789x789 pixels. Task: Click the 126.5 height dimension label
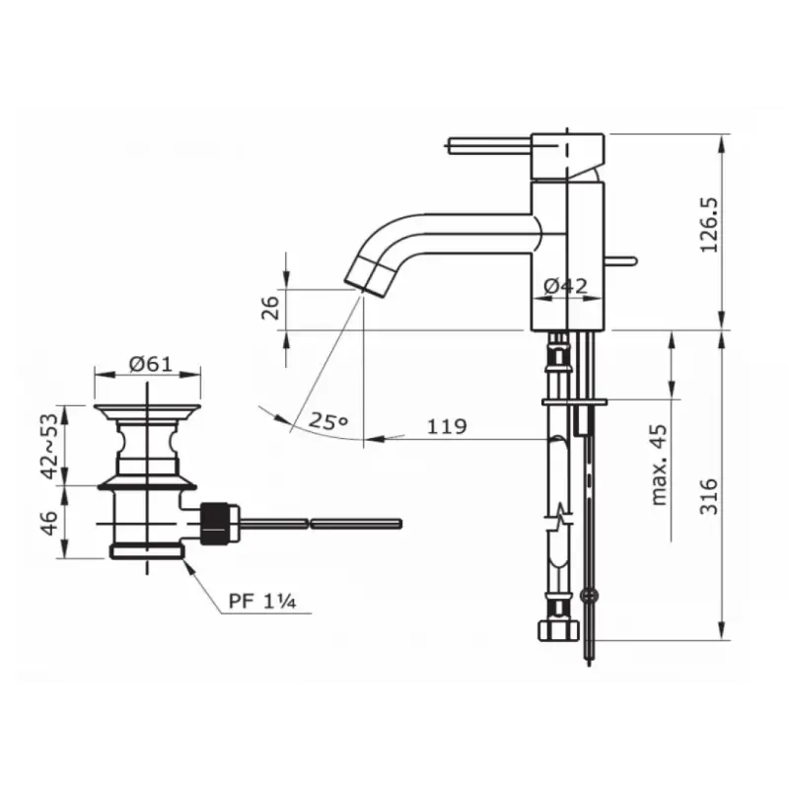click(710, 225)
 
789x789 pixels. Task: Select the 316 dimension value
click(709, 496)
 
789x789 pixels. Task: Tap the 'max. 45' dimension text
click(658, 465)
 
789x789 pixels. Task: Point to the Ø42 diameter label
click(565, 286)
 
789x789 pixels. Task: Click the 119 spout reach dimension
click(447, 426)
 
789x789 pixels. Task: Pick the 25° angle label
click(328, 421)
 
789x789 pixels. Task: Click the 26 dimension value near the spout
click(270, 308)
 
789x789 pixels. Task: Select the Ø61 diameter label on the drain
click(151, 364)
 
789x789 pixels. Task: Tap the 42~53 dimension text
click(50, 446)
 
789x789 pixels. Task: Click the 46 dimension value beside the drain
click(48, 523)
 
